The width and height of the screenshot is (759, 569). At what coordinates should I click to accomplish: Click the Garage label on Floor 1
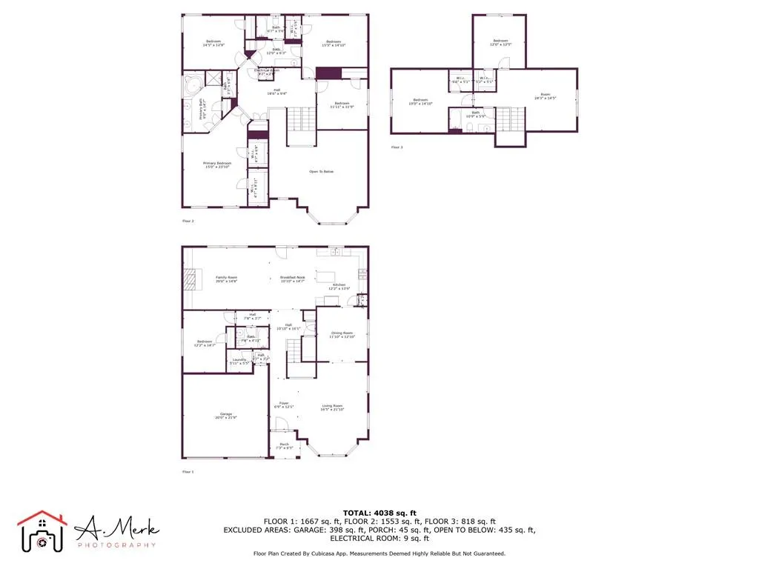pos(225,414)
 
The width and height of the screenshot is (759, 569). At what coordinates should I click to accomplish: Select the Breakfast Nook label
pos(293,278)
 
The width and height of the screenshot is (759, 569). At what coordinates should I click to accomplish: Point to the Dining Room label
pos(342,334)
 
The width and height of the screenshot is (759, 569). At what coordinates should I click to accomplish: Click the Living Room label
pos(332,407)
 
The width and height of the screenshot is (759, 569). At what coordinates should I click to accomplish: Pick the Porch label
pos(285,445)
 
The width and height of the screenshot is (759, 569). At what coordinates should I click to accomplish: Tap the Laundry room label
pos(239,360)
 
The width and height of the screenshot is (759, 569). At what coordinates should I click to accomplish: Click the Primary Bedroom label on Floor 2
pos(218,164)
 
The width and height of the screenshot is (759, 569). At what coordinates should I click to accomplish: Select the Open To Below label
pos(322,172)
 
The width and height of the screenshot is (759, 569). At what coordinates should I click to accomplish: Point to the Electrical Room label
pos(267,71)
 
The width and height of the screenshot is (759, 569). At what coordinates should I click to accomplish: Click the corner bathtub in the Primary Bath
pos(192,84)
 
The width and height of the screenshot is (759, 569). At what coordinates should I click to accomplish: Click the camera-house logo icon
pos(42,530)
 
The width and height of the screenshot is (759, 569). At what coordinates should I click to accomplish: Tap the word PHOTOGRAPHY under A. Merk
pos(116,545)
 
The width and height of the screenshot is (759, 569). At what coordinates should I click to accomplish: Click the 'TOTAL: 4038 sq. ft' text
pos(379,513)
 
